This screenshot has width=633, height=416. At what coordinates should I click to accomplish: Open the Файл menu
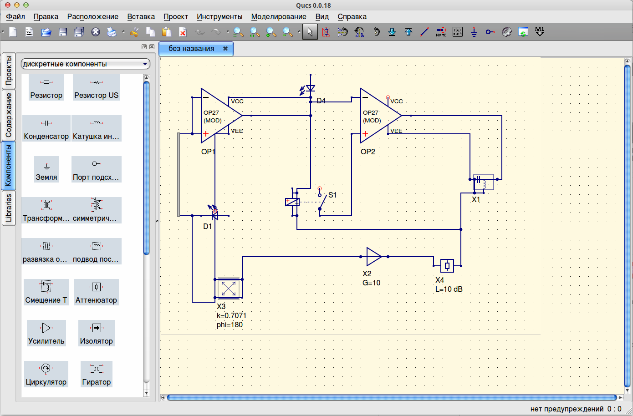[x=15, y=16]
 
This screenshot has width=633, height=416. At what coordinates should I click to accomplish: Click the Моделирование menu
[x=279, y=16]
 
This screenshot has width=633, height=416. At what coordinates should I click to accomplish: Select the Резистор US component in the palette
[x=96, y=88]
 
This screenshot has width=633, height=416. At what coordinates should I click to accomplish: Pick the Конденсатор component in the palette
[x=46, y=128]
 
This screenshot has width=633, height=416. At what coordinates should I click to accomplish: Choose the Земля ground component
[x=46, y=170]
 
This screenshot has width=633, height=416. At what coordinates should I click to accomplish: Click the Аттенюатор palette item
[x=96, y=292]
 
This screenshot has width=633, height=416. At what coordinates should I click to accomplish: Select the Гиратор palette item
[x=96, y=374]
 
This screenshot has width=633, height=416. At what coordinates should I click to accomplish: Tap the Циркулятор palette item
[x=46, y=374]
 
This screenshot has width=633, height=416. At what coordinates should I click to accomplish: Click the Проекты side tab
[x=9, y=71]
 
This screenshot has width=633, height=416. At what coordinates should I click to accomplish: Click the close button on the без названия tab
[x=225, y=49]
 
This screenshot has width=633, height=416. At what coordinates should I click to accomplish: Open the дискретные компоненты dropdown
[x=86, y=64]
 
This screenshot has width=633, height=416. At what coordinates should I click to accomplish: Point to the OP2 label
[x=368, y=152]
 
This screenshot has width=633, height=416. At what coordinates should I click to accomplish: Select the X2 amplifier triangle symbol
[x=373, y=257]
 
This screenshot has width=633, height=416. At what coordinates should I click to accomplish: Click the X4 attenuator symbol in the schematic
[x=447, y=265]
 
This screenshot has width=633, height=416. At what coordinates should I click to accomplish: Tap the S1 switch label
[x=332, y=195]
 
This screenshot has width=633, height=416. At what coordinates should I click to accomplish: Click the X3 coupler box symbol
[x=228, y=288]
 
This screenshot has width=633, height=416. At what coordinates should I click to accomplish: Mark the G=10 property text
[x=371, y=283]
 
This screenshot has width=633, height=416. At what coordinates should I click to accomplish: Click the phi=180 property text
[x=230, y=325]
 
